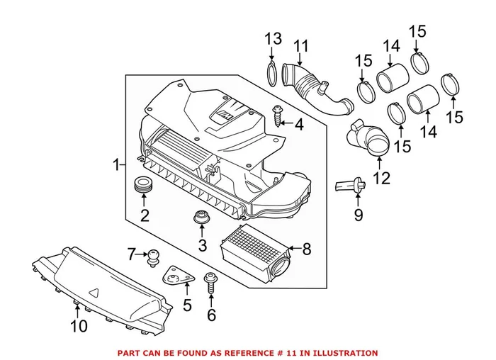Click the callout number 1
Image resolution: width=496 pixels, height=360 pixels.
point(116,165)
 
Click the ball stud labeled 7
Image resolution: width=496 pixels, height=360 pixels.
point(152,257)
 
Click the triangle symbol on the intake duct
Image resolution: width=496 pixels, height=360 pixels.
point(94,291)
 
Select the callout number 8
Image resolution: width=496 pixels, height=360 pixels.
point(306,249)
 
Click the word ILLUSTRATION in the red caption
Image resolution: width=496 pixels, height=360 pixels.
point(347,352)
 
